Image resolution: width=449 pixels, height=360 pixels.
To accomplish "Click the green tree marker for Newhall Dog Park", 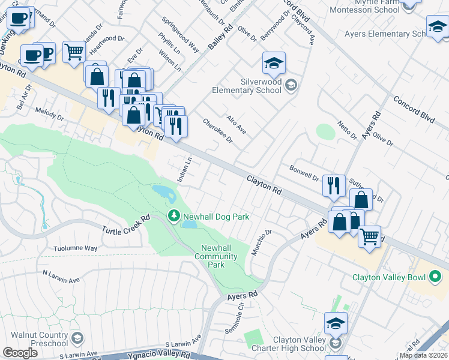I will (x=173, y=215).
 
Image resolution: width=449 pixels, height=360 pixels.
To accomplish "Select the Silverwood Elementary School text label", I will (x=247, y=86).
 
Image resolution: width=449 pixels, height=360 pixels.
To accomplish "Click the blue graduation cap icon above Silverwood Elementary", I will (x=274, y=63).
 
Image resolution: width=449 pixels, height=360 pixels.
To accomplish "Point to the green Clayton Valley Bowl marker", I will (x=435, y=277).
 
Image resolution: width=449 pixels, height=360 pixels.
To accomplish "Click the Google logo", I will (x=20, y=353).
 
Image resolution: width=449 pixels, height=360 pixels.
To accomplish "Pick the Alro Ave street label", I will (x=237, y=124).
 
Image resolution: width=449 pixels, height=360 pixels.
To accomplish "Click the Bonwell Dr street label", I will (x=304, y=173).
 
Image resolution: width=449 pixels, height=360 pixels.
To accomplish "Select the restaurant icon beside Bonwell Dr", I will (x=334, y=185).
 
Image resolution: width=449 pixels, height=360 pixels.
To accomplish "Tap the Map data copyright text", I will (x=423, y=355).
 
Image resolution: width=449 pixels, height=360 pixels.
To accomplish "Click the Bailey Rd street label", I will (x=220, y=37).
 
